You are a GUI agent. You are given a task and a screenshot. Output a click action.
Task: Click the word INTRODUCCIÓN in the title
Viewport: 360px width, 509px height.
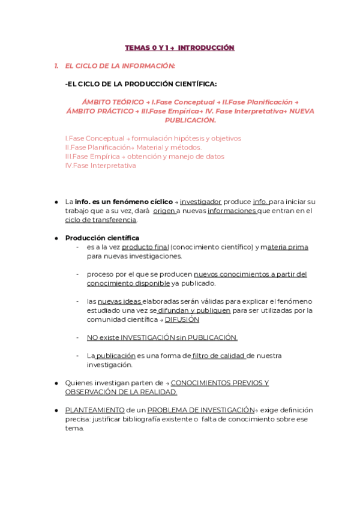point(206,48)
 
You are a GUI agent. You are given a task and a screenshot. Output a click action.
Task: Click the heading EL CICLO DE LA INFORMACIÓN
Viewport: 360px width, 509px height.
point(120,66)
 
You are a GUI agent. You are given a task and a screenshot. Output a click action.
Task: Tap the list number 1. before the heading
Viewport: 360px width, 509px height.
point(56,66)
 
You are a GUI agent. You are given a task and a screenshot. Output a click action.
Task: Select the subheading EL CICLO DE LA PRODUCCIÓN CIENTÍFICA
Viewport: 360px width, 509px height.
point(141,84)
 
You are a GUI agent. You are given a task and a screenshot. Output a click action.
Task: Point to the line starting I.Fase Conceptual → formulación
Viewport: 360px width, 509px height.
point(153,138)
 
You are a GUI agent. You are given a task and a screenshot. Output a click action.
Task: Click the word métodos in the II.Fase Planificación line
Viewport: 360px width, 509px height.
point(187,147)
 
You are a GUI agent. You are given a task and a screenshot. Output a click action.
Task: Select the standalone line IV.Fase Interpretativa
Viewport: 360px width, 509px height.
point(100,166)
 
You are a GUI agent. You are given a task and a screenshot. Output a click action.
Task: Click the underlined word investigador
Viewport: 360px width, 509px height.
point(200,202)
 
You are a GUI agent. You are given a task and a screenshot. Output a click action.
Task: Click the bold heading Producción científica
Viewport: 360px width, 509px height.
point(102,238)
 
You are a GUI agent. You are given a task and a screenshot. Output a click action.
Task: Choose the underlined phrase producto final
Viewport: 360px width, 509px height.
point(145,247)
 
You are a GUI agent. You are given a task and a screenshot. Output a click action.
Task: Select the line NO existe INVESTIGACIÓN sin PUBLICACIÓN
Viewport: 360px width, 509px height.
point(162,337)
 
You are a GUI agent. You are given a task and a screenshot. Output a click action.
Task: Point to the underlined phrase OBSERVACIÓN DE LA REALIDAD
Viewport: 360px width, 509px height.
point(121,392)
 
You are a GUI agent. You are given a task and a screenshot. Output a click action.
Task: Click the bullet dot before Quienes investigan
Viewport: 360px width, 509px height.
point(56,383)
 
